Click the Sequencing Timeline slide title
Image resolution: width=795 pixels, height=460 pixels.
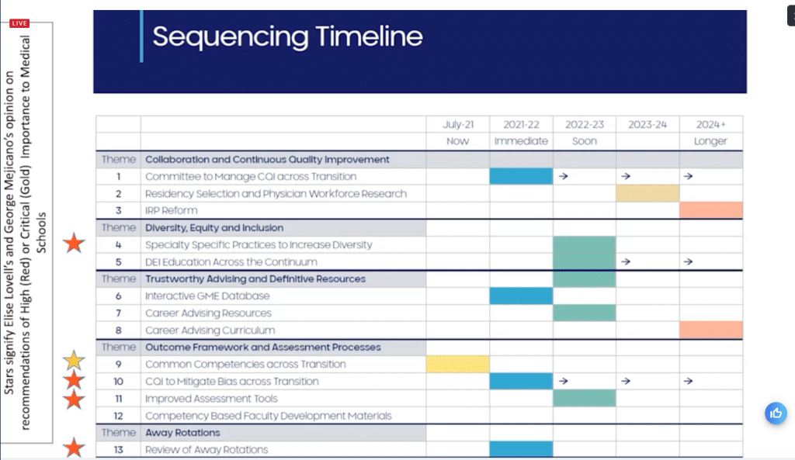(287, 36)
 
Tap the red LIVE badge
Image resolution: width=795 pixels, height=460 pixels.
(19, 23)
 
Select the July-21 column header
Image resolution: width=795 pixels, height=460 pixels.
(458, 124)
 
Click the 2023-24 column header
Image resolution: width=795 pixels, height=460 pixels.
(647, 124)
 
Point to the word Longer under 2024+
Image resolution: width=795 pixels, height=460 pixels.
(710, 141)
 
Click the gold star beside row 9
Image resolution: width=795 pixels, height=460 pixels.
(74, 361)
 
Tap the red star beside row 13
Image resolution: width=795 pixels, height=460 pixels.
(74, 448)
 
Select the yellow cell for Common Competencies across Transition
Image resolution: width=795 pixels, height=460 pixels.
(458, 365)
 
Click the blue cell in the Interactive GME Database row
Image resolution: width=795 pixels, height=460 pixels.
(521, 296)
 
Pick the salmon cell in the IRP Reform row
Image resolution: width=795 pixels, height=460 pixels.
(710, 210)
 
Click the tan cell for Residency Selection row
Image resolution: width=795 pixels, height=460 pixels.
(647, 193)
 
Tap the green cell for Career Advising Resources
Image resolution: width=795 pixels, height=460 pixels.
(584, 313)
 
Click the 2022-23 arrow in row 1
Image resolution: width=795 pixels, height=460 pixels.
(564, 177)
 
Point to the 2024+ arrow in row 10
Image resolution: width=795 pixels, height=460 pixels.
(688, 382)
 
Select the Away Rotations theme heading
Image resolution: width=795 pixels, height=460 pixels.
(182, 433)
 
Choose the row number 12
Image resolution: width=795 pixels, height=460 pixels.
(118, 416)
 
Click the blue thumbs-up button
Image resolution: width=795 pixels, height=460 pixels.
(776, 413)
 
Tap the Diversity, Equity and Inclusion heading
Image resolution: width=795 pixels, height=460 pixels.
(214, 228)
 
